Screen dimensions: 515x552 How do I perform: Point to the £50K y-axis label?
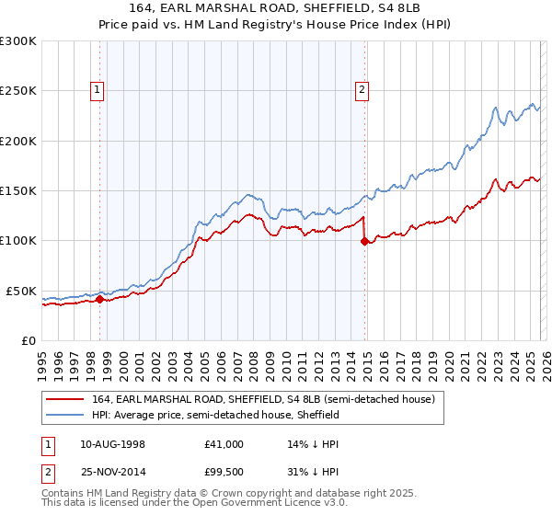pos(21,291)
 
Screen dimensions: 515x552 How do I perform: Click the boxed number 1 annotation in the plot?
pos(98,89)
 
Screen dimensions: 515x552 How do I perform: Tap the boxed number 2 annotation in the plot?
pos(362,89)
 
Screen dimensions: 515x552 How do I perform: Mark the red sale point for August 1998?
pos(99,299)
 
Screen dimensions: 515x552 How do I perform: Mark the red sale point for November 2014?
pos(364,241)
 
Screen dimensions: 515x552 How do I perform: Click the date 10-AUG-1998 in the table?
pos(114,444)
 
